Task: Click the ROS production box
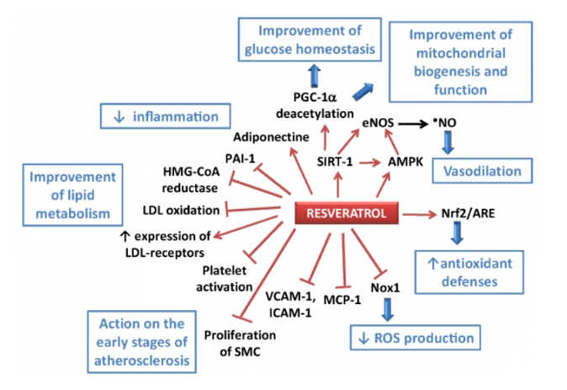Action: pyautogui.click(x=413, y=339)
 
